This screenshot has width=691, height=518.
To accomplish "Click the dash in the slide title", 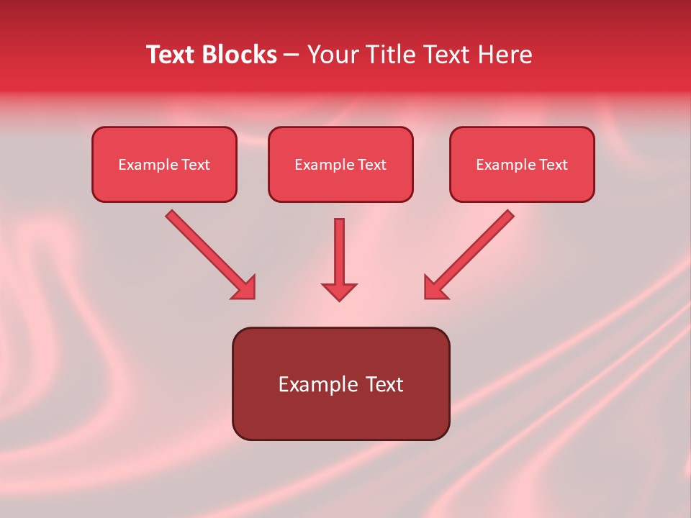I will (292, 55).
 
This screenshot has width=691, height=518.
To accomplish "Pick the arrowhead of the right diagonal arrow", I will (435, 288).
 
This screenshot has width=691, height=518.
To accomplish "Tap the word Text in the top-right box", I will (554, 165).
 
